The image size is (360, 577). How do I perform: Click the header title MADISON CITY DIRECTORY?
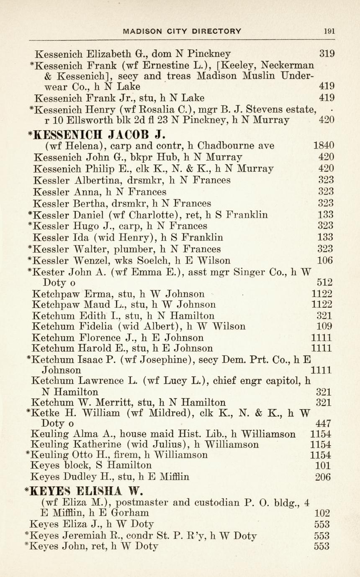[x=182, y=31]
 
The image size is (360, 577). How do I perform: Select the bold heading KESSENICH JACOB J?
[x=100, y=135]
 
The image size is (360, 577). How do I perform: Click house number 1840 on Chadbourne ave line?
[x=324, y=146]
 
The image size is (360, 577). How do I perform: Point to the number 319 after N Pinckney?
[x=327, y=54]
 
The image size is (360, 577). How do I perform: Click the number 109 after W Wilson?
[x=325, y=326]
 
